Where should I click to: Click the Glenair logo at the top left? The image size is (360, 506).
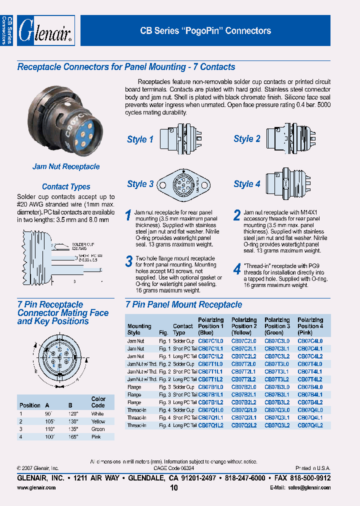click(46, 31)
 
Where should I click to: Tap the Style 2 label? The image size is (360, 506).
click(247, 139)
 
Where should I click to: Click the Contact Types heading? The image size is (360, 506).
click(66, 186)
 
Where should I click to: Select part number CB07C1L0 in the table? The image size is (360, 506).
click(210, 341)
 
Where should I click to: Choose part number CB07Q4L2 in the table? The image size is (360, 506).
click(310, 425)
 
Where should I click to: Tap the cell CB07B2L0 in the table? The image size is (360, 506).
click(243, 387)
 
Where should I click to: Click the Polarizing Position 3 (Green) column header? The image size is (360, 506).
click(277, 326)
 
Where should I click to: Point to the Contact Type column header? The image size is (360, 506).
click(183, 329)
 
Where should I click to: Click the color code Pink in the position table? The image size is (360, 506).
click(96, 436)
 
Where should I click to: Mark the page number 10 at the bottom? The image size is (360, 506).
click(174, 488)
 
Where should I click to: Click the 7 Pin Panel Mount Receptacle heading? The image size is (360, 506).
click(183, 304)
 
